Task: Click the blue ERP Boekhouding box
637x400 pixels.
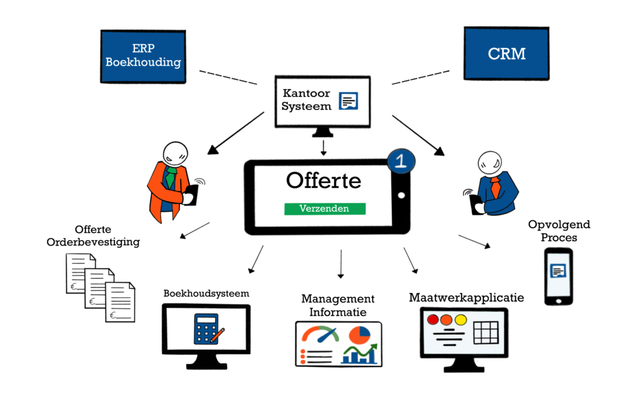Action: (x=143, y=56)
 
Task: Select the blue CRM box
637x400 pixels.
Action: (x=506, y=53)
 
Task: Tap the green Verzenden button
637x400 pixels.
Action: (x=325, y=209)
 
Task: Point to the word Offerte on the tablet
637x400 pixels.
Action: (x=323, y=180)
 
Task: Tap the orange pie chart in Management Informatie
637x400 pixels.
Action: (x=359, y=334)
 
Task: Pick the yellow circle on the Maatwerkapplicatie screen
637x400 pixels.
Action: (x=460, y=320)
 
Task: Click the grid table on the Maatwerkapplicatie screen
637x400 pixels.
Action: (x=486, y=332)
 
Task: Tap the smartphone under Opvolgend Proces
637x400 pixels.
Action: (x=558, y=276)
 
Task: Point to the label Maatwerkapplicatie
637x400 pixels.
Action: (x=466, y=297)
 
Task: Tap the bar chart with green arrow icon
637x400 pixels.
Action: (x=359, y=355)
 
